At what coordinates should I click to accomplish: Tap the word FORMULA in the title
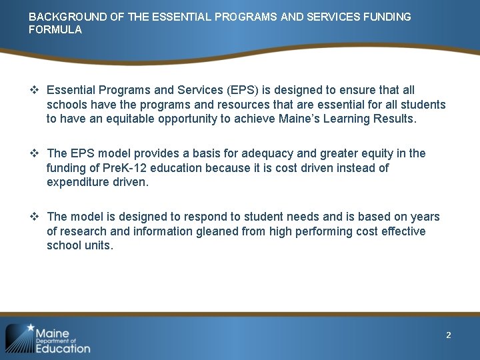55,30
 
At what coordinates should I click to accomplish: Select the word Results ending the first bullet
394,119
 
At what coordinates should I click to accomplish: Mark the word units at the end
99,245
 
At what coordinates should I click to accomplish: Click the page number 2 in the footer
449,335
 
